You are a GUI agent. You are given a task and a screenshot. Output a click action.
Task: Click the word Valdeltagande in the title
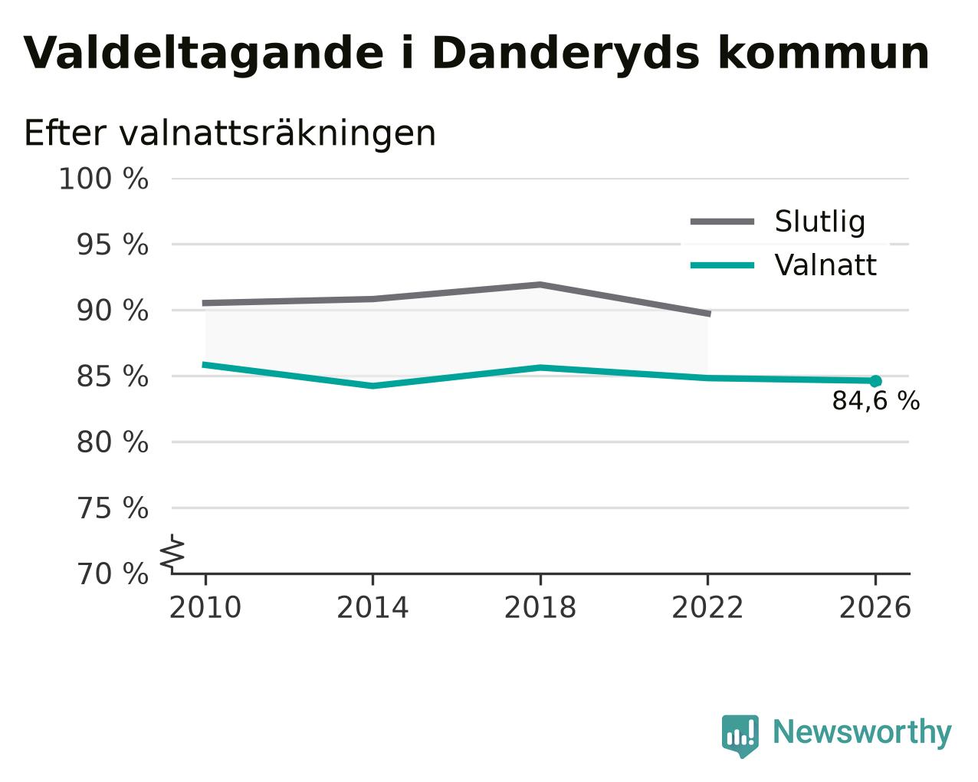tap(204, 54)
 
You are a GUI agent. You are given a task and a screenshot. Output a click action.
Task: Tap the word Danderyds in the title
tap(566, 53)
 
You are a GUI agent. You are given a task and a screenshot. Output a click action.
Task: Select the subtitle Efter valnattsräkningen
tap(229, 133)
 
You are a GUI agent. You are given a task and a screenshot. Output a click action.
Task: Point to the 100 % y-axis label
tap(103, 179)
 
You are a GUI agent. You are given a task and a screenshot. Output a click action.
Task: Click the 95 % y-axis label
tap(112, 245)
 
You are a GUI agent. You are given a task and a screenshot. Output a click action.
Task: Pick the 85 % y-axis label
tap(112, 376)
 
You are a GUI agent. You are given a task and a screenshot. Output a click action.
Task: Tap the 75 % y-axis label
tap(112, 508)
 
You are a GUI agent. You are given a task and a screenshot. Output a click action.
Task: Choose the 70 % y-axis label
tap(112, 573)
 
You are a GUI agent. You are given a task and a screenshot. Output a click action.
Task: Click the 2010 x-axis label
tap(205, 607)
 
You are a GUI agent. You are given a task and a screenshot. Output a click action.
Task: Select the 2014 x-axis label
tap(372, 607)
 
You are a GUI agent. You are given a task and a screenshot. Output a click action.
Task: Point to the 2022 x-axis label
tap(707, 607)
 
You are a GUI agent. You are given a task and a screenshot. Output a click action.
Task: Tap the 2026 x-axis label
tap(875, 607)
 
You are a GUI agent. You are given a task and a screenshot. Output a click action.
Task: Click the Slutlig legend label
tap(820, 222)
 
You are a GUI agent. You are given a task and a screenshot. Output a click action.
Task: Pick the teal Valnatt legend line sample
tap(722, 265)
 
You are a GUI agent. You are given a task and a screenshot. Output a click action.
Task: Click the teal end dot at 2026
tap(875, 381)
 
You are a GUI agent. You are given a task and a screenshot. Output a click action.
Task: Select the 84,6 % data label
tap(876, 401)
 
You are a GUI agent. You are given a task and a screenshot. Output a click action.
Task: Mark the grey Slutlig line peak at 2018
tap(540, 284)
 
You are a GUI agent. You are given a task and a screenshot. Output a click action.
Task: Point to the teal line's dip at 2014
tap(372, 386)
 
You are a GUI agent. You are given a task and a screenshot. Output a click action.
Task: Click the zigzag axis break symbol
tap(172, 553)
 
